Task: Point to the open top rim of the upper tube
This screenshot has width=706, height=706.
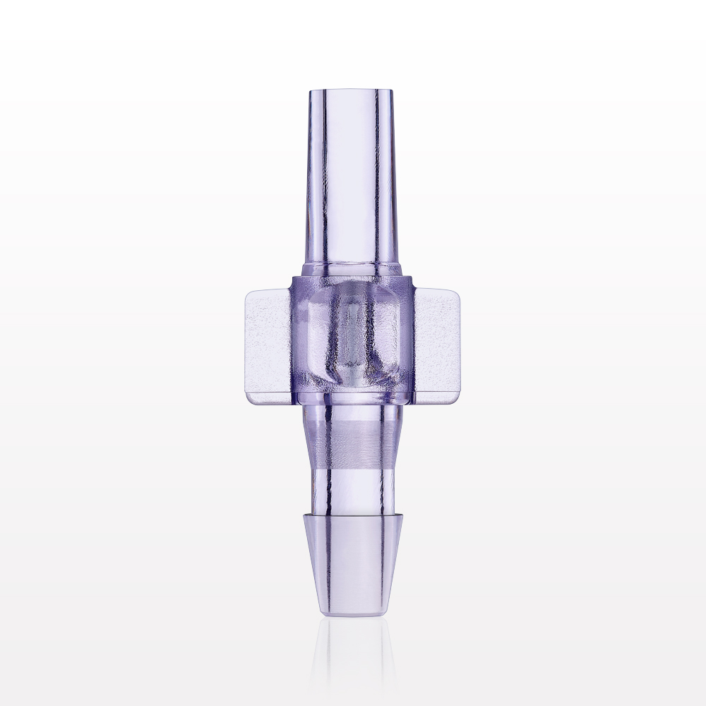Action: (x=351, y=90)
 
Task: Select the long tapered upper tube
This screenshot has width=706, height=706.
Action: (x=351, y=176)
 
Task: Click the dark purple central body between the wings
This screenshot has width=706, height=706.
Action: (x=351, y=339)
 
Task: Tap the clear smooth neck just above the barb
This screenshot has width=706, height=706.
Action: (x=351, y=487)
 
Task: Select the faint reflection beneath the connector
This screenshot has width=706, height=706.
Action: (x=351, y=657)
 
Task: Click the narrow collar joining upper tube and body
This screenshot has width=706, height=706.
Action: (x=351, y=270)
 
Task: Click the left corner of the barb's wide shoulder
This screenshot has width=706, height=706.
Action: (x=306, y=517)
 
